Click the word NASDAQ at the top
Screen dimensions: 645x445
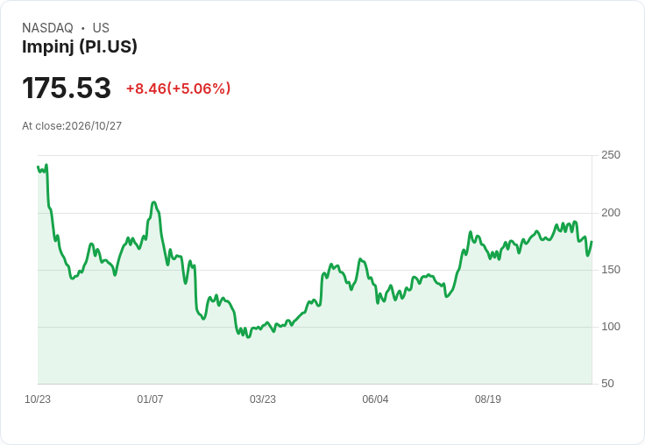point(47,28)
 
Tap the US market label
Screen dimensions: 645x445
point(101,28)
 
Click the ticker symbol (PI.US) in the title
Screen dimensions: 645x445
point(108,47)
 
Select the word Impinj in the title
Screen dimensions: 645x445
point(48,47)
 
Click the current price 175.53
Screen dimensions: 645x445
point(67,88)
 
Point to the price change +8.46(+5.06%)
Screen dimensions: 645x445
point(178,88)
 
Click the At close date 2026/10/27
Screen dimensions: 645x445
point(94,126)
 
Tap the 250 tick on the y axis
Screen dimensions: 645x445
point(611,155)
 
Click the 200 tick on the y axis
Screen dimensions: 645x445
point(611,213)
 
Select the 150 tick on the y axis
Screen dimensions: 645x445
point(611,270)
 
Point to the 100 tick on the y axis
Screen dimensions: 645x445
point(611,327)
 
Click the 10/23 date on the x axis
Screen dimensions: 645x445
point(38,399)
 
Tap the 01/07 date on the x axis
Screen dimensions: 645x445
point(150,399)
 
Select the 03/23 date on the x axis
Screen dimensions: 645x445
point(262,399)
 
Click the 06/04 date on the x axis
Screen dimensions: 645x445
point(375,399)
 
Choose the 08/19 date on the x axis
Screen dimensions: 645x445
point(488,399)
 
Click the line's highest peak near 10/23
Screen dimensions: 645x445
point(46,165)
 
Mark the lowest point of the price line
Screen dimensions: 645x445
point(248,337)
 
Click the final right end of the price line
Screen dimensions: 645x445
point(592,242)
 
